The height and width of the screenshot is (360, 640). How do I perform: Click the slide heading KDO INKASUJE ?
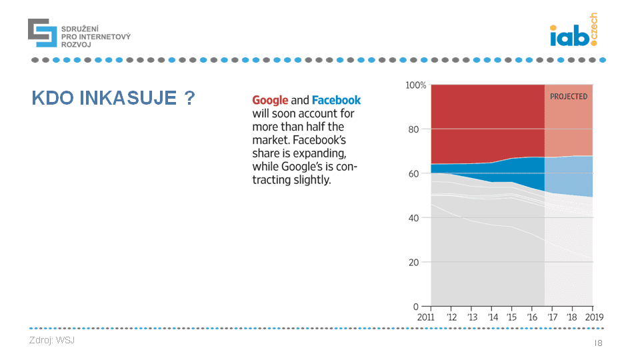(x=113, y=99)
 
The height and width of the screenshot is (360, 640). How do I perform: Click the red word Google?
(x=270, y=100)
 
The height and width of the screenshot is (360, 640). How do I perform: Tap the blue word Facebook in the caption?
(x=336, y=100)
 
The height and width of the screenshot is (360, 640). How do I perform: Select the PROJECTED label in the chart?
(x=569, y=97)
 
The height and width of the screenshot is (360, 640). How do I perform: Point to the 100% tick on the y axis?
(x=415, y=85)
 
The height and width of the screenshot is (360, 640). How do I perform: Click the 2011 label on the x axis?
(x=426, y=317)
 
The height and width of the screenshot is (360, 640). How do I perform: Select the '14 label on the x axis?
(x=492, y=317)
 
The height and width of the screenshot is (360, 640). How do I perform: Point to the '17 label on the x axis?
(x=553, y=317)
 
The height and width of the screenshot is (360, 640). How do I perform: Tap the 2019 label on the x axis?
(x=593, y=317)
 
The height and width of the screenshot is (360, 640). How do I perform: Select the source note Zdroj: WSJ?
(x=52, y=341)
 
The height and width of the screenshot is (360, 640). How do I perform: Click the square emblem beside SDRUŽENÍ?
(x=42, y=33)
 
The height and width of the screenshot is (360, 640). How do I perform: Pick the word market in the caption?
(x=269, y=140)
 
